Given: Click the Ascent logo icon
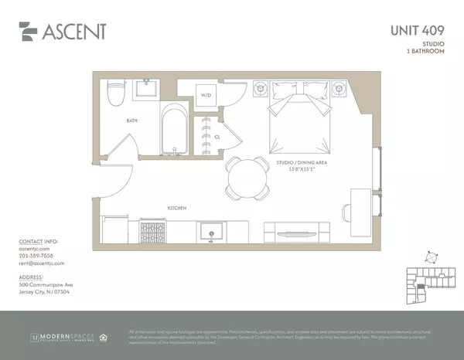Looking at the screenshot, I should click(x=29, y=32).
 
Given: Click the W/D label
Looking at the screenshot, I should click(x=206, y=96).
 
